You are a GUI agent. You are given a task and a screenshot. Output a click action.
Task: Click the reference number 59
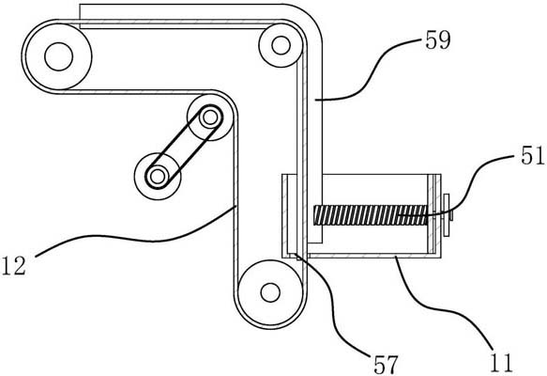pos(438,40)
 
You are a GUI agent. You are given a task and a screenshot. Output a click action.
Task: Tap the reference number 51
pos(532,156)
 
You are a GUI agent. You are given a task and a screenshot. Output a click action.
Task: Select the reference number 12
pos(14,266)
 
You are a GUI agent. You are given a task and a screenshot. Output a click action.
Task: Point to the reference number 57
pos(386,365)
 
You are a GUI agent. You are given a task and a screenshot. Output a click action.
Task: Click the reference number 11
pos(501,363)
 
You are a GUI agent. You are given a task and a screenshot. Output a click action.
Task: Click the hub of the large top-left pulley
pos(58,56)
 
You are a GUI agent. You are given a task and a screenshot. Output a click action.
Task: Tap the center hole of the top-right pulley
pos(281,45)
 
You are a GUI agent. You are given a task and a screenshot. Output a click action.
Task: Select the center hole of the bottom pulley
pos(270,292)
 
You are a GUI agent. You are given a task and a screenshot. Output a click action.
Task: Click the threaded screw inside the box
pos(371,215)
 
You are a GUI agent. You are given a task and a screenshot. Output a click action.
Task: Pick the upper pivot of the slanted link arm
pos(210,117)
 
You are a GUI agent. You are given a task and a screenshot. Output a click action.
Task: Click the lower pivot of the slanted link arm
pos(158,177)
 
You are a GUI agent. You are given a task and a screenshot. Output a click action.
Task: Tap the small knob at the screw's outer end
pos(447,216)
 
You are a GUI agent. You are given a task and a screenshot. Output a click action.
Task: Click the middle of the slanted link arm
pos(184,148)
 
